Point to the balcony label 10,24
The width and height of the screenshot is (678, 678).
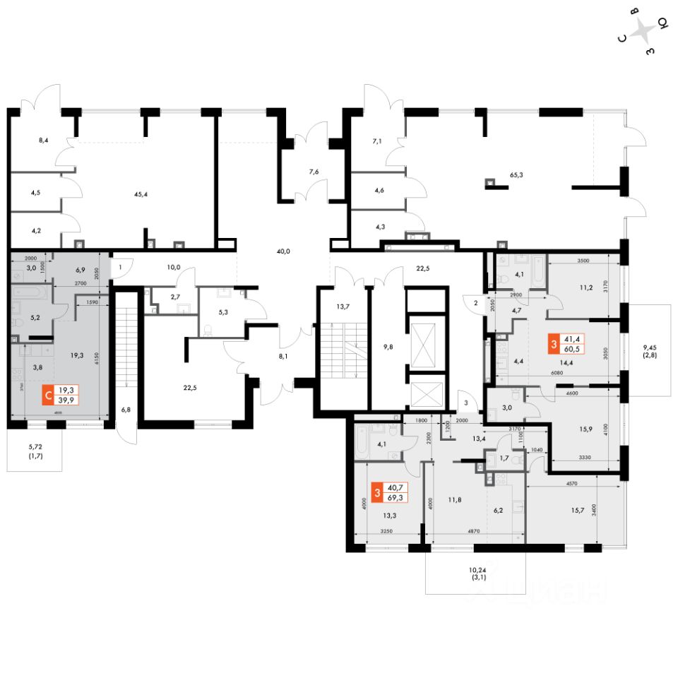coord(478,569)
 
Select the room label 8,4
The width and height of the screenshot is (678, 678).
coord(43,141)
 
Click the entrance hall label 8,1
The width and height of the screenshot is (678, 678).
coord(283,357)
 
